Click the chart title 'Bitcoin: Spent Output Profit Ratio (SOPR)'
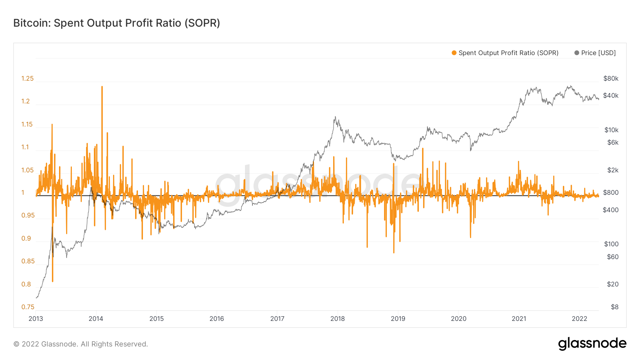(x=117, y=23)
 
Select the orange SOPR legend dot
(x=454, y=53)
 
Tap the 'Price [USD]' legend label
(x=598, y=53)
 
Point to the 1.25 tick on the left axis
(x=27, y=79)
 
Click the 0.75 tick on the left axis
(x=28, y=307)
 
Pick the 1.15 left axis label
(x=27, y=124)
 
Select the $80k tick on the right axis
(x=611, y=79)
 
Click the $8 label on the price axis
(x=614, y=307)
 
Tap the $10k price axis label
(x=611, y=130)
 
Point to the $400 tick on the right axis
(x=610, y=210)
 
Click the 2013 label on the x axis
(x=36, y=319)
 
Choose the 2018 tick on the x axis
(x=337, y=319)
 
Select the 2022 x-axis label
(x=579, y=319)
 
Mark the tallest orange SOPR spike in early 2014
(x=102, y=87)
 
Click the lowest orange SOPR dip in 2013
(x=53, y=281)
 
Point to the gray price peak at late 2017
(x=335, y=117)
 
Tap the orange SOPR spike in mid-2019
(x=423, y=149)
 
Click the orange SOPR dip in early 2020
(x=470, y=237)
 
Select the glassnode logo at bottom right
(x=592, y=344)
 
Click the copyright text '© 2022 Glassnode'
(x=80, y=344)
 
